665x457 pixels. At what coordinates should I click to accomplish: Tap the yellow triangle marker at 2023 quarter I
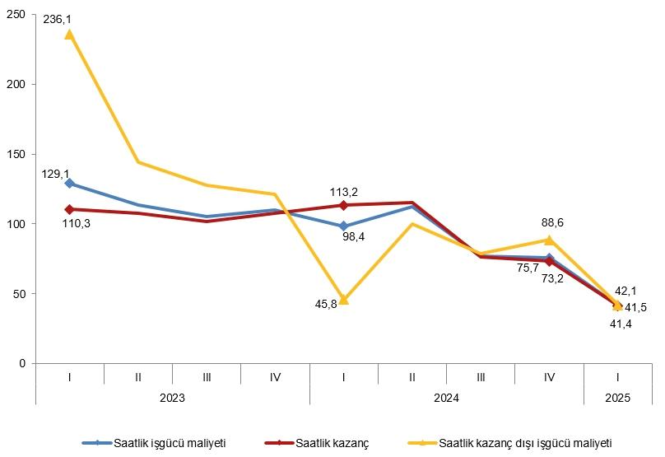(69, 34)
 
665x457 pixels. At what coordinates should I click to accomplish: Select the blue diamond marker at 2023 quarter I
(69, 184)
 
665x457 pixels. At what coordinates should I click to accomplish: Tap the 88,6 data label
(551, 222)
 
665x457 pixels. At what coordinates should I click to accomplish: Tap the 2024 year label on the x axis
(447, 398)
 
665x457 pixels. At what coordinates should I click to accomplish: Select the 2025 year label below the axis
(618, 398)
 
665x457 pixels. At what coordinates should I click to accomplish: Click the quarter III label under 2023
(207, 376)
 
